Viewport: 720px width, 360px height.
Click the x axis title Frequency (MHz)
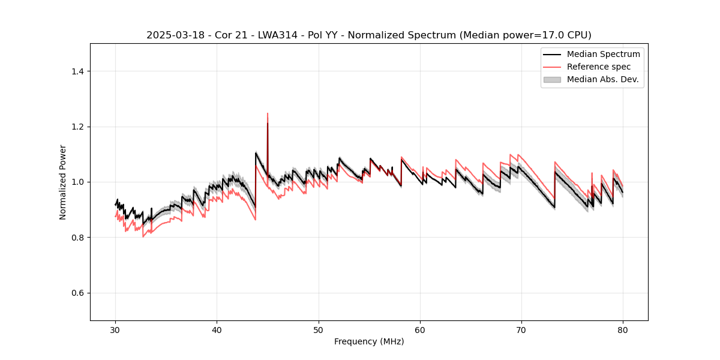tap(369, 341)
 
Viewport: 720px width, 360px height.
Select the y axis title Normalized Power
tap(63, 182)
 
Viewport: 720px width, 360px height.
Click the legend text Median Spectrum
tap(603, 54)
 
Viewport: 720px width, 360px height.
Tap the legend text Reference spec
tap(599, 67)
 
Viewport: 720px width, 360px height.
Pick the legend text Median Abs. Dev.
tap(602, 79)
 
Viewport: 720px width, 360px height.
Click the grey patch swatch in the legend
tap(552, 79)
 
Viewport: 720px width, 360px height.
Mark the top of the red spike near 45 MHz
tap(268, 113)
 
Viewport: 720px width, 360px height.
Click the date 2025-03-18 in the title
tap(170, 35)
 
